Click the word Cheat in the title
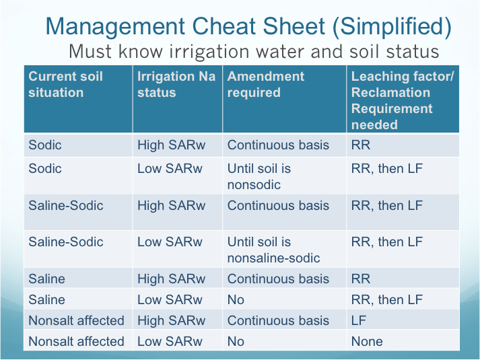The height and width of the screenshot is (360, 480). click(x=224, y=26)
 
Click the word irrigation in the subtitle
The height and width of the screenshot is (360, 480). click(x=209, y=51)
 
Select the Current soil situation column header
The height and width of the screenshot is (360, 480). click(x=65, y=84)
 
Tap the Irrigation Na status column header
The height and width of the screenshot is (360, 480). click(x=176, y=84)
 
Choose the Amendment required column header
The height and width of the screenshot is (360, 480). click(x=266, y=84)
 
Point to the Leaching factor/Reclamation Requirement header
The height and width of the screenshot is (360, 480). click(x=403, y=100)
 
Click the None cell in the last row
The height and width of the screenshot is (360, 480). click(x=367, y=341)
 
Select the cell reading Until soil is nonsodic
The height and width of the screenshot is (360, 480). click(x=259, y=176)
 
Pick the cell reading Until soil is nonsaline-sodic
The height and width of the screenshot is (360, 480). click(x=274, y=250)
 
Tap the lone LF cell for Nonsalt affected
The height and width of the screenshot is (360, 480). click(x=358, y=320)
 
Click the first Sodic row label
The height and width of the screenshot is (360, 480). click(x=45, y=145)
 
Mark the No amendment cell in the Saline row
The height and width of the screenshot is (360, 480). click(x=236, y=299)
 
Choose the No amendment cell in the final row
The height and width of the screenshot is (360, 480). click(x=236, y=341)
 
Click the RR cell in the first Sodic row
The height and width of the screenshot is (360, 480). click(x=361, y=145)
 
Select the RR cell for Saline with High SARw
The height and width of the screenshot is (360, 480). click(x=361, y=279)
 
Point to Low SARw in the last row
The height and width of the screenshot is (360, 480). click(x=170, y=341)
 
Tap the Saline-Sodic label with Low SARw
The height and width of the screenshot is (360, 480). click(x=66, y=242)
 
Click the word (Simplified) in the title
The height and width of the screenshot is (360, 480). click(x=392, y=27)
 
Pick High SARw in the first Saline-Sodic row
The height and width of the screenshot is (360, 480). click(x=171, y=205)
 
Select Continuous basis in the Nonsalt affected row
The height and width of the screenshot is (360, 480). click(x=278, y=320)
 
